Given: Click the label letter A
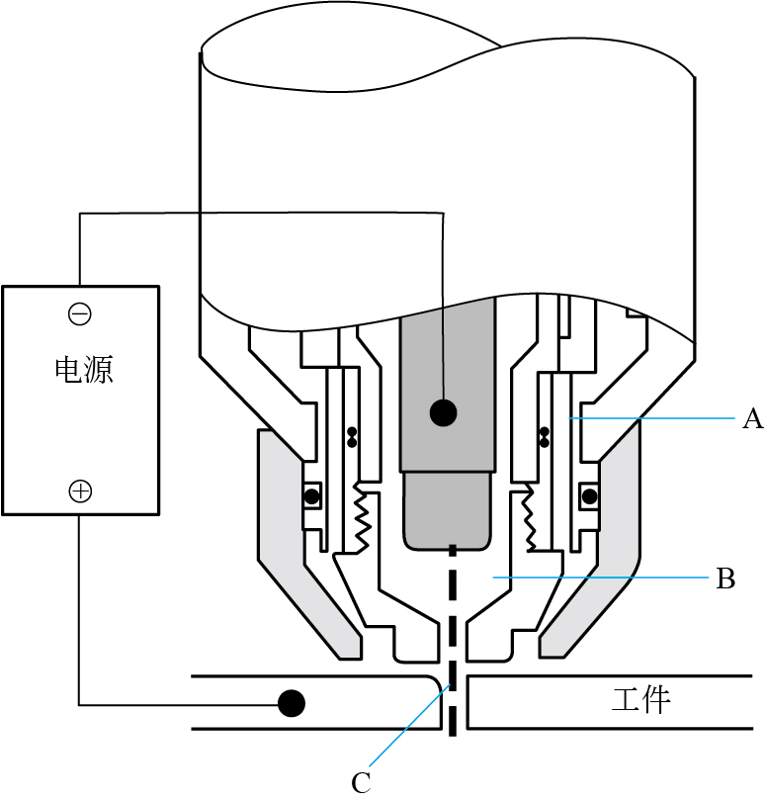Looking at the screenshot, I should (752, 420).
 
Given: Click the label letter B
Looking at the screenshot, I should (725, 579).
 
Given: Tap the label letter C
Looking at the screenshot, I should (361, 782).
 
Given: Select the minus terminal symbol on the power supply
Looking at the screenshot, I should (79, 314).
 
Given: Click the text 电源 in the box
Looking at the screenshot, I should (82, 370).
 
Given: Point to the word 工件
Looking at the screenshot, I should (641, 700).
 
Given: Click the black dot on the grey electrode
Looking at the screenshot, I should (443, 411).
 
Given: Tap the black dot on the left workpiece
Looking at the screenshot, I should (291, 703).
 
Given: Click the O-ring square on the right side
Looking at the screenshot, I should (590, 493).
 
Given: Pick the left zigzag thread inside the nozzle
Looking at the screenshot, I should (362, 517).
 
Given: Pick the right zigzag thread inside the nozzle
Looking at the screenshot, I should (526, 517).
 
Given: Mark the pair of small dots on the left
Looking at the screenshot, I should (352, 435).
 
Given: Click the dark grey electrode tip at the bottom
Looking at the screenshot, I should (448, 511).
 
